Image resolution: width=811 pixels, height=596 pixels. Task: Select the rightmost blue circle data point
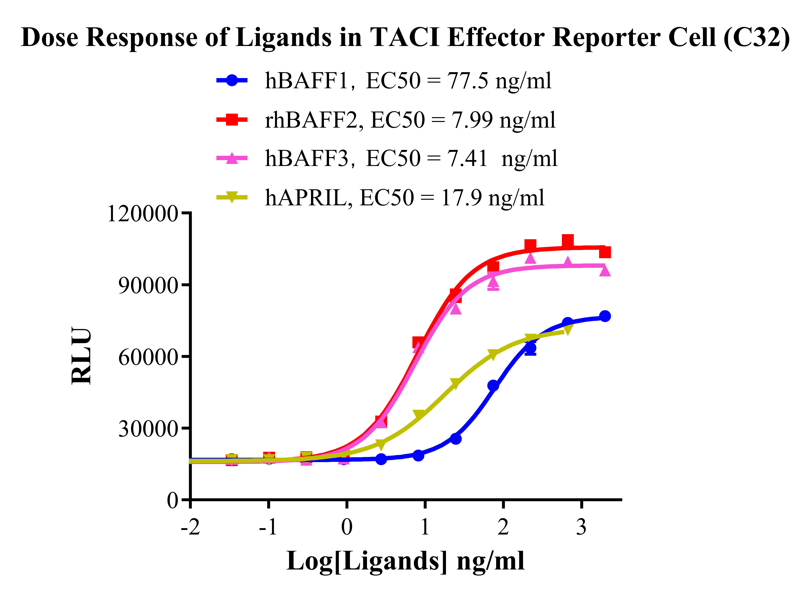tap(605, 316)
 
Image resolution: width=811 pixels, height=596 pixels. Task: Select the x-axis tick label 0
tap(347, 527)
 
